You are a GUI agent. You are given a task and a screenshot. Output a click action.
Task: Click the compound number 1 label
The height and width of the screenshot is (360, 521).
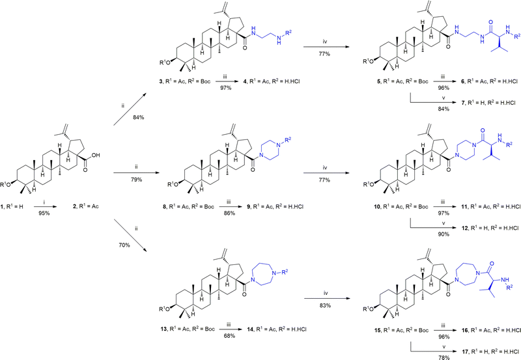tap(3, 206)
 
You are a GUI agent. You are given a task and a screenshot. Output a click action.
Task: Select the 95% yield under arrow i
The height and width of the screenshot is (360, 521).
tap(44, 213)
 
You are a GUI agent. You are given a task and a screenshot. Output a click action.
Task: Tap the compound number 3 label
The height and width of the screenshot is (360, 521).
tap(161, 81)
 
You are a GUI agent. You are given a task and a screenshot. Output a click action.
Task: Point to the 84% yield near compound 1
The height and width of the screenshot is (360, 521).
tap(139, 117)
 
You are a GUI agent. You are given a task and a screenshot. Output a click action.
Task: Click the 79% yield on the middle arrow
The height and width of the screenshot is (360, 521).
tap(136, 180)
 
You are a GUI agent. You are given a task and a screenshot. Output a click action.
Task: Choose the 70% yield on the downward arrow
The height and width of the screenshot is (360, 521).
tap(124, 245)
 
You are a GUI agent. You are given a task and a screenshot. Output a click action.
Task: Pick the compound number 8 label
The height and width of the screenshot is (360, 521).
tap(165, 206)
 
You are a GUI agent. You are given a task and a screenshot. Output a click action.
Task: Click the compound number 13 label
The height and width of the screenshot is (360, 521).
tap(162, 329)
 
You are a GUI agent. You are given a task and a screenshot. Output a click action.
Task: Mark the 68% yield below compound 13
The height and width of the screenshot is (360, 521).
tap(230, 336)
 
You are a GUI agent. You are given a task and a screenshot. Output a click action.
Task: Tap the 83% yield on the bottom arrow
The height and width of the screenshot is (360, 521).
tap(325, 305)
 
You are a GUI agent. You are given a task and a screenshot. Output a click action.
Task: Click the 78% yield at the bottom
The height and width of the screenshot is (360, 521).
tap(444, 357)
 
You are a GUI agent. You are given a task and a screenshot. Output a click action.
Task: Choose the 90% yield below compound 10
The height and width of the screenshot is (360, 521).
tap(444, 234)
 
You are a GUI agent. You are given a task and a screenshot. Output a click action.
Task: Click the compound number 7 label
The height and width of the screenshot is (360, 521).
tap(464, 103)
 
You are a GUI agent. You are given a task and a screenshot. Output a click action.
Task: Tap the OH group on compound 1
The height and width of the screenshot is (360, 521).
tap(96, 155)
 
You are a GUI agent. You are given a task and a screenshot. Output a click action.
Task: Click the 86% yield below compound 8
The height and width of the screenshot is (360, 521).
tap(230, 213)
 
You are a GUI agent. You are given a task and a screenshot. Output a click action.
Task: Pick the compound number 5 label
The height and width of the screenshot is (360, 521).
tap(378, 81)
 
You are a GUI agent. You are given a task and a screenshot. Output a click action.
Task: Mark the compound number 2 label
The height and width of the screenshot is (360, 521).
tap(76, 206)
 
